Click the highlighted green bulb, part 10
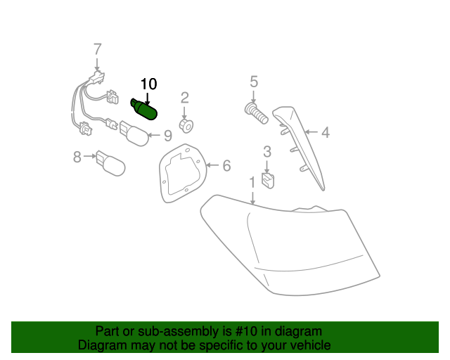click(144, 110)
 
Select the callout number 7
click(98, 49)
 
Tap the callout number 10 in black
click(148, 84)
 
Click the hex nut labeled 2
click(186, 125)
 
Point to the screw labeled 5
click(256, 113)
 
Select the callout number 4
click(325, 133)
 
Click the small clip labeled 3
click(268, 181)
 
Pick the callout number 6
click(226, 166)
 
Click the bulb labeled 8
click(110, 163)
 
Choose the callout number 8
click(77, 157)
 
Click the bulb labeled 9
click(134, 133)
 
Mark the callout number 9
click(167, 136)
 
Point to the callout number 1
click(252, 182)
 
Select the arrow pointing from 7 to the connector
click(98, 64)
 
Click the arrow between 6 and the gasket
click(212, 165)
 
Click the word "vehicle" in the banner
click(312, 345)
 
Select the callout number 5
click(254, 82)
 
